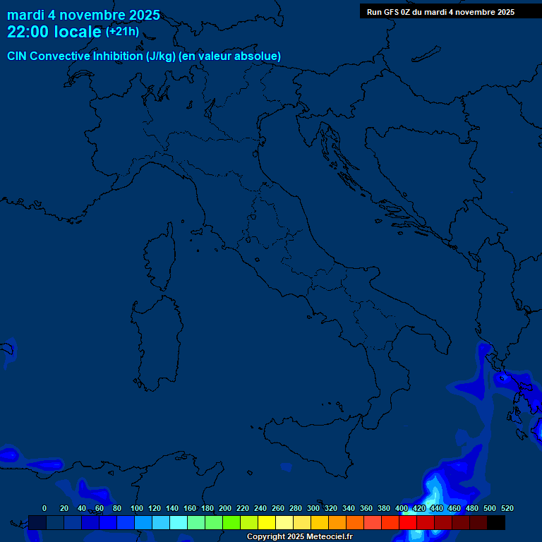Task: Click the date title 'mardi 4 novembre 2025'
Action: [83, 15]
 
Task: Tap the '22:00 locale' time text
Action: [55, 32]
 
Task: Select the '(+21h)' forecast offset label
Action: [122, 32]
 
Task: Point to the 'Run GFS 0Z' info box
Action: [440, 12]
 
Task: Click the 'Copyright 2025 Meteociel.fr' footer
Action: [299, 537]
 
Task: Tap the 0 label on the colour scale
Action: [44, 508]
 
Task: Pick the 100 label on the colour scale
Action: [137, 508]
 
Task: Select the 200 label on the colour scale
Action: [225, 508]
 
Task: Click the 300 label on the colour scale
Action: [313, 508]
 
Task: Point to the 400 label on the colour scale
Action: [402, 508]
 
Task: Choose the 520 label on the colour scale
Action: [507, 508]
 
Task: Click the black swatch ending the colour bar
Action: [496, 522]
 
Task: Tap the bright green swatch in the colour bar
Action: [231, 522]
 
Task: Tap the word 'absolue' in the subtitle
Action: [258, 56]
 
